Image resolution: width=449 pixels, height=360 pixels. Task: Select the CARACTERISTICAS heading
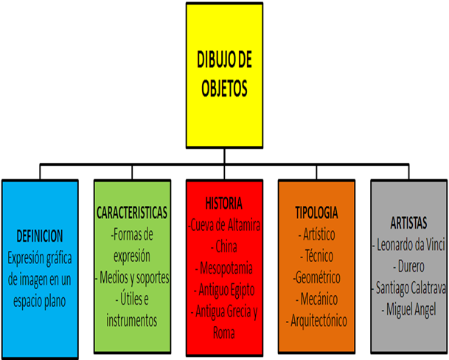click(133, 212)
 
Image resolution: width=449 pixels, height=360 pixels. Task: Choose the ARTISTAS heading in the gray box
click(408, 221)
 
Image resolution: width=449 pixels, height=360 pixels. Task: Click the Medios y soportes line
click(133, 277)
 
